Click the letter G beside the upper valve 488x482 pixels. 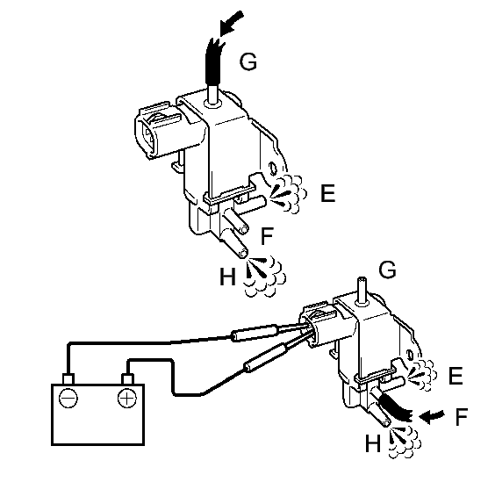[249, 61]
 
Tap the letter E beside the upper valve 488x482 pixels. [328, 194]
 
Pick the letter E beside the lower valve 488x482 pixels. [455, 377]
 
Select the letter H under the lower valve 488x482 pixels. [373, 444]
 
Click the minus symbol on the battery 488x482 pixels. [69, 396]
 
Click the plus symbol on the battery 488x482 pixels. [127, 396]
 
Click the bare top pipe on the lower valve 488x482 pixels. [361, 288]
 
